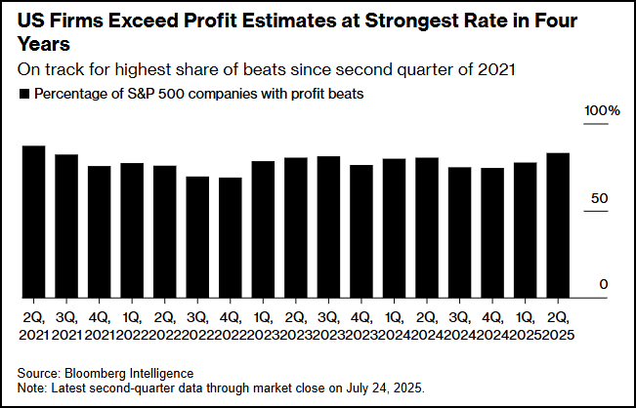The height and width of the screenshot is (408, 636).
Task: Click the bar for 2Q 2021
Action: [x=34, y=222]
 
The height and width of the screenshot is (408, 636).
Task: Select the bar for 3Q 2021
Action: [x=66, y=226]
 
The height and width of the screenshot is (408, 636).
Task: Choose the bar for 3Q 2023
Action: [x=329, y=226]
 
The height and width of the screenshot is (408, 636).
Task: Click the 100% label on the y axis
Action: [x=602, y=111]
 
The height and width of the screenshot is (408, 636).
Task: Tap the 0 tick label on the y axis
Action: [x=605, y=284]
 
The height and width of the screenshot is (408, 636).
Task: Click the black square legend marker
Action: [x=23, y=95]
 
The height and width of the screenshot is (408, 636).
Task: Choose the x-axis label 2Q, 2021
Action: [x=35, y=326]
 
